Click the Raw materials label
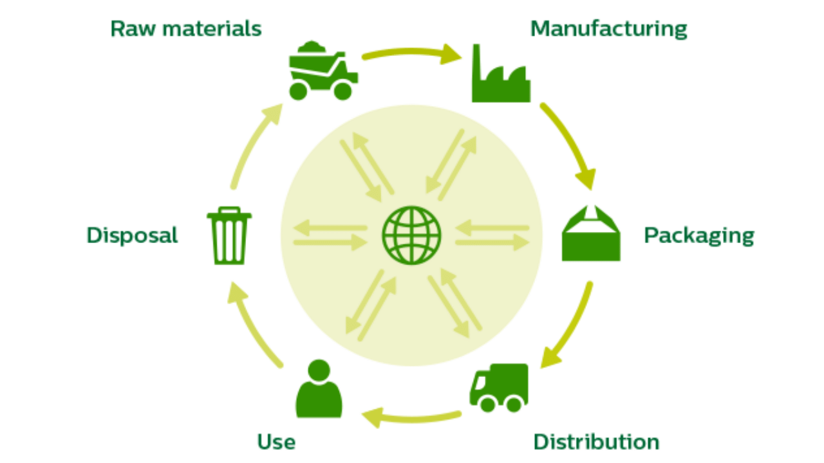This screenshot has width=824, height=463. [186, 29]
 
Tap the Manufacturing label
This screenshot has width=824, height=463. [608, 29]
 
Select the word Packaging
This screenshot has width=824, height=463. [698, 235]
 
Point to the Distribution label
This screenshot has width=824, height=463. [596, 442]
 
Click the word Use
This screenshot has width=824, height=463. [277, 442]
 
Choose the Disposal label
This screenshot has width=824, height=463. [132, 235]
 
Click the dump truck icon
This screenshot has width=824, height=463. [322, 71]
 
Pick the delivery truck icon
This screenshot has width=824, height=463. [499, 388]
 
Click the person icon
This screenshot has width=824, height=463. [319, 390]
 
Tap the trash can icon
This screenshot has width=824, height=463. [229, 238]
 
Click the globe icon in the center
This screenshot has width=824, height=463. [412, 235]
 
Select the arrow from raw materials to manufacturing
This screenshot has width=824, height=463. [412, 53]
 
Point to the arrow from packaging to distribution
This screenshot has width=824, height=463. [570, 328]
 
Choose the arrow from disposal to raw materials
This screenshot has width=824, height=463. [254, 145]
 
